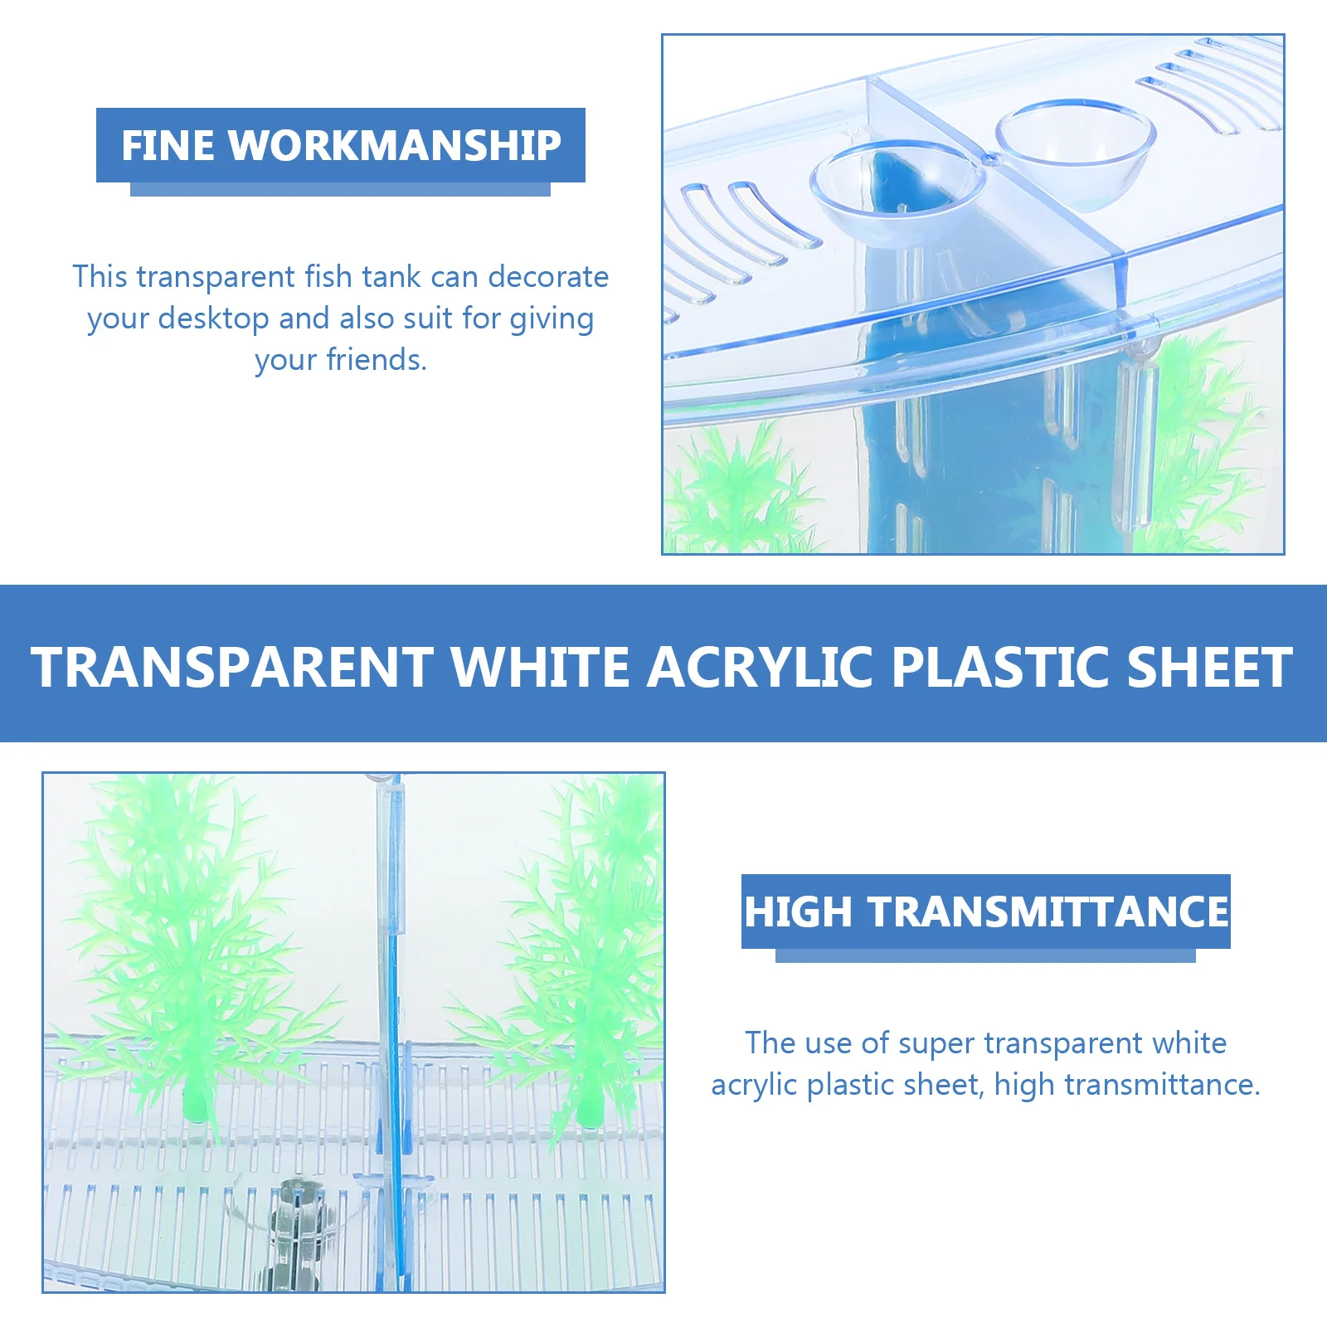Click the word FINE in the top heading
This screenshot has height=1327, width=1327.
pyautogui.click(x=169, y=145)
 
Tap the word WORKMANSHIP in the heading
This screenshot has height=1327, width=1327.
pyautogui.click(x=395, y=145)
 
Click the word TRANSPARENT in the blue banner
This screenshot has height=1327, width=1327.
pyautogui.click(x=232, y=667)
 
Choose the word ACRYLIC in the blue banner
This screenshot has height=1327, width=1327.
pyautogui.click(x=760, y=667)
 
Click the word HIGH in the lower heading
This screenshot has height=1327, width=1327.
pyautogui.click(x=799, y=911)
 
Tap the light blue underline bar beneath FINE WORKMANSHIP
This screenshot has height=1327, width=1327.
pyautogui.click(x=340, y=189)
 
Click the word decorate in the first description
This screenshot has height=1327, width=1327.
pyautogui.click(x=548, y=277)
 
